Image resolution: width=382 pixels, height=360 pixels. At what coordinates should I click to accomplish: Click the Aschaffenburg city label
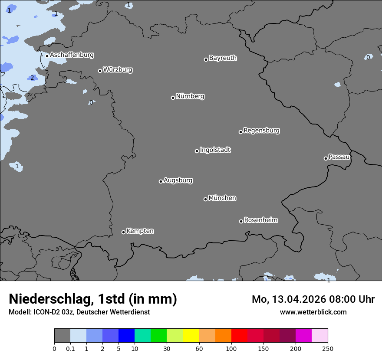pyautogui.click(x=72, y=55)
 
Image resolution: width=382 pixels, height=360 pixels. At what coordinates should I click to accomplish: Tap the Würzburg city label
pyautogui.click(x=118, y=70)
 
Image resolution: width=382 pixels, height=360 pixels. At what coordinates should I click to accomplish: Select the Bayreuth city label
pyautogui.click(x=223, y=58)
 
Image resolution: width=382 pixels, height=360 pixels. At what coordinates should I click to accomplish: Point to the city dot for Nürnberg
pyautogui.click(x=173, y=98)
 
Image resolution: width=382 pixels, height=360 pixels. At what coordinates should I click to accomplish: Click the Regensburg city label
pyautogui.click(x=261, y=131)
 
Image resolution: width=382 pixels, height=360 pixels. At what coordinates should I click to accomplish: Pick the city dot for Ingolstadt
pyautogui.click(x=197, y=151)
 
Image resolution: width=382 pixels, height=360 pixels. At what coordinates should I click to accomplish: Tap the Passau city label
pyautogui.click(x=339, y=157)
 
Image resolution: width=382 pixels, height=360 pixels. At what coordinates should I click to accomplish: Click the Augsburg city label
pyautogui.click(x=178, y=180)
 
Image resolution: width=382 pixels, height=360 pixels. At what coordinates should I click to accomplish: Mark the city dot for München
pyautogui.click(x=205, y=199)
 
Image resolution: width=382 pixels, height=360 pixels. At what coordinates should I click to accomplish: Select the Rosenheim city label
pyautogui.click(x=260, y=220)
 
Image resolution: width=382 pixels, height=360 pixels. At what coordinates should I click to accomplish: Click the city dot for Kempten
pyautogui.click(x=123, y=232)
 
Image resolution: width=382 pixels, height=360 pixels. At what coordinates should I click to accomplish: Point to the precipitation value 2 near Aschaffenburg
pyautogui.click(x=32, y=78)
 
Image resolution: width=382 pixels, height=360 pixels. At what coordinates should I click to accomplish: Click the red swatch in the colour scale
pyautogui.click(x=239, y=336)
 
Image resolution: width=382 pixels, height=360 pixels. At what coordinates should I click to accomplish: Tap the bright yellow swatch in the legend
pyautogui.click(x=191, y=336)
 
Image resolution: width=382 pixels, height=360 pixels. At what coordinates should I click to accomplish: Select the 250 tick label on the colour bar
pyautogui.click(x=328, y=348)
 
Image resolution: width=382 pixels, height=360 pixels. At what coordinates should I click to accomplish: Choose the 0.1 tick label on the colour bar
pyautogui.click(x=70, y=348)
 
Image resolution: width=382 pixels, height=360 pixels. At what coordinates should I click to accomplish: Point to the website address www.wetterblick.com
pyautogui.click(x=313, y=312)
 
